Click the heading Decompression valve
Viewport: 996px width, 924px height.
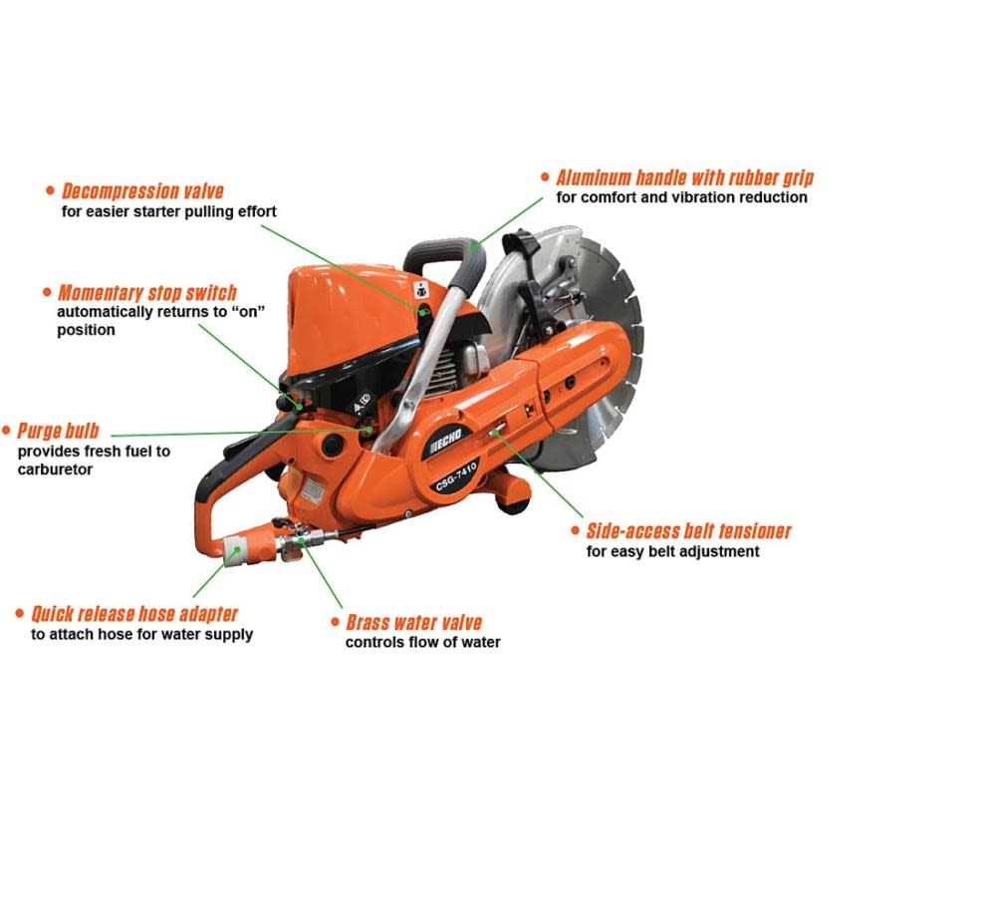point(142,191)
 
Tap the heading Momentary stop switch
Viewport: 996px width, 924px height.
point(147,292)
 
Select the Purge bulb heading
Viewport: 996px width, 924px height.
point(58,432)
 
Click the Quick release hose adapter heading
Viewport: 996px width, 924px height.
point(134,614)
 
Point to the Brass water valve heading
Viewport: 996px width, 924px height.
point(414,622)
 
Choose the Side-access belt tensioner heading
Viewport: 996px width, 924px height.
point(688,531)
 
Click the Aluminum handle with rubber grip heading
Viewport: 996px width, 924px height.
point(685,177)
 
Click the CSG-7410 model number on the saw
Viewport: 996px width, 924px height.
point(456,476)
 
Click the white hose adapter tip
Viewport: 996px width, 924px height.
point(232,549)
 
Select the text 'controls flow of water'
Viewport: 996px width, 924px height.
point(423,643)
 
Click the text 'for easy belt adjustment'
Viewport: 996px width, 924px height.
point(672,551)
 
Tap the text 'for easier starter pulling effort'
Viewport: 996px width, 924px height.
point(169,211)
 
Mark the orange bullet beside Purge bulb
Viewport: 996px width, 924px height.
point(7,431)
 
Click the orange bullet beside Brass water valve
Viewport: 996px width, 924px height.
point(336,622)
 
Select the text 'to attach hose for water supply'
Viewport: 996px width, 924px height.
point(141,634)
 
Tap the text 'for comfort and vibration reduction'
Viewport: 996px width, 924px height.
point(681,197)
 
